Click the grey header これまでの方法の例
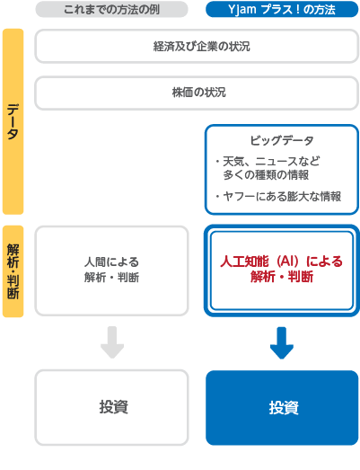(111, 9)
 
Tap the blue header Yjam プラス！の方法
(282, 9)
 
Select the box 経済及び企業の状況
(197, 46)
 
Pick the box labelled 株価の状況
(197, 93)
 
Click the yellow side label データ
(13, 121)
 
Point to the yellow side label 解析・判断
(13, 271)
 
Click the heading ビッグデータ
(282, 140)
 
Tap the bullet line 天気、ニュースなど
(268, 162)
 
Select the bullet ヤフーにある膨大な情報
(278, 197)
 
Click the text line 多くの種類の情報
(266, 174)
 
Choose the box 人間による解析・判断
(111, 271)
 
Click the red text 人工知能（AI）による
(282, 262)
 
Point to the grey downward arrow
(112, 342)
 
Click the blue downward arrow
(282, 343)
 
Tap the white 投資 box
(111, 407)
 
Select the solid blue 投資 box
(282, 408)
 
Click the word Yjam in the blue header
(242, 10)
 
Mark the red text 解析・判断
(282, 277)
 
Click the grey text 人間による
(111, 262)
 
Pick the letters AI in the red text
(288, 262)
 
